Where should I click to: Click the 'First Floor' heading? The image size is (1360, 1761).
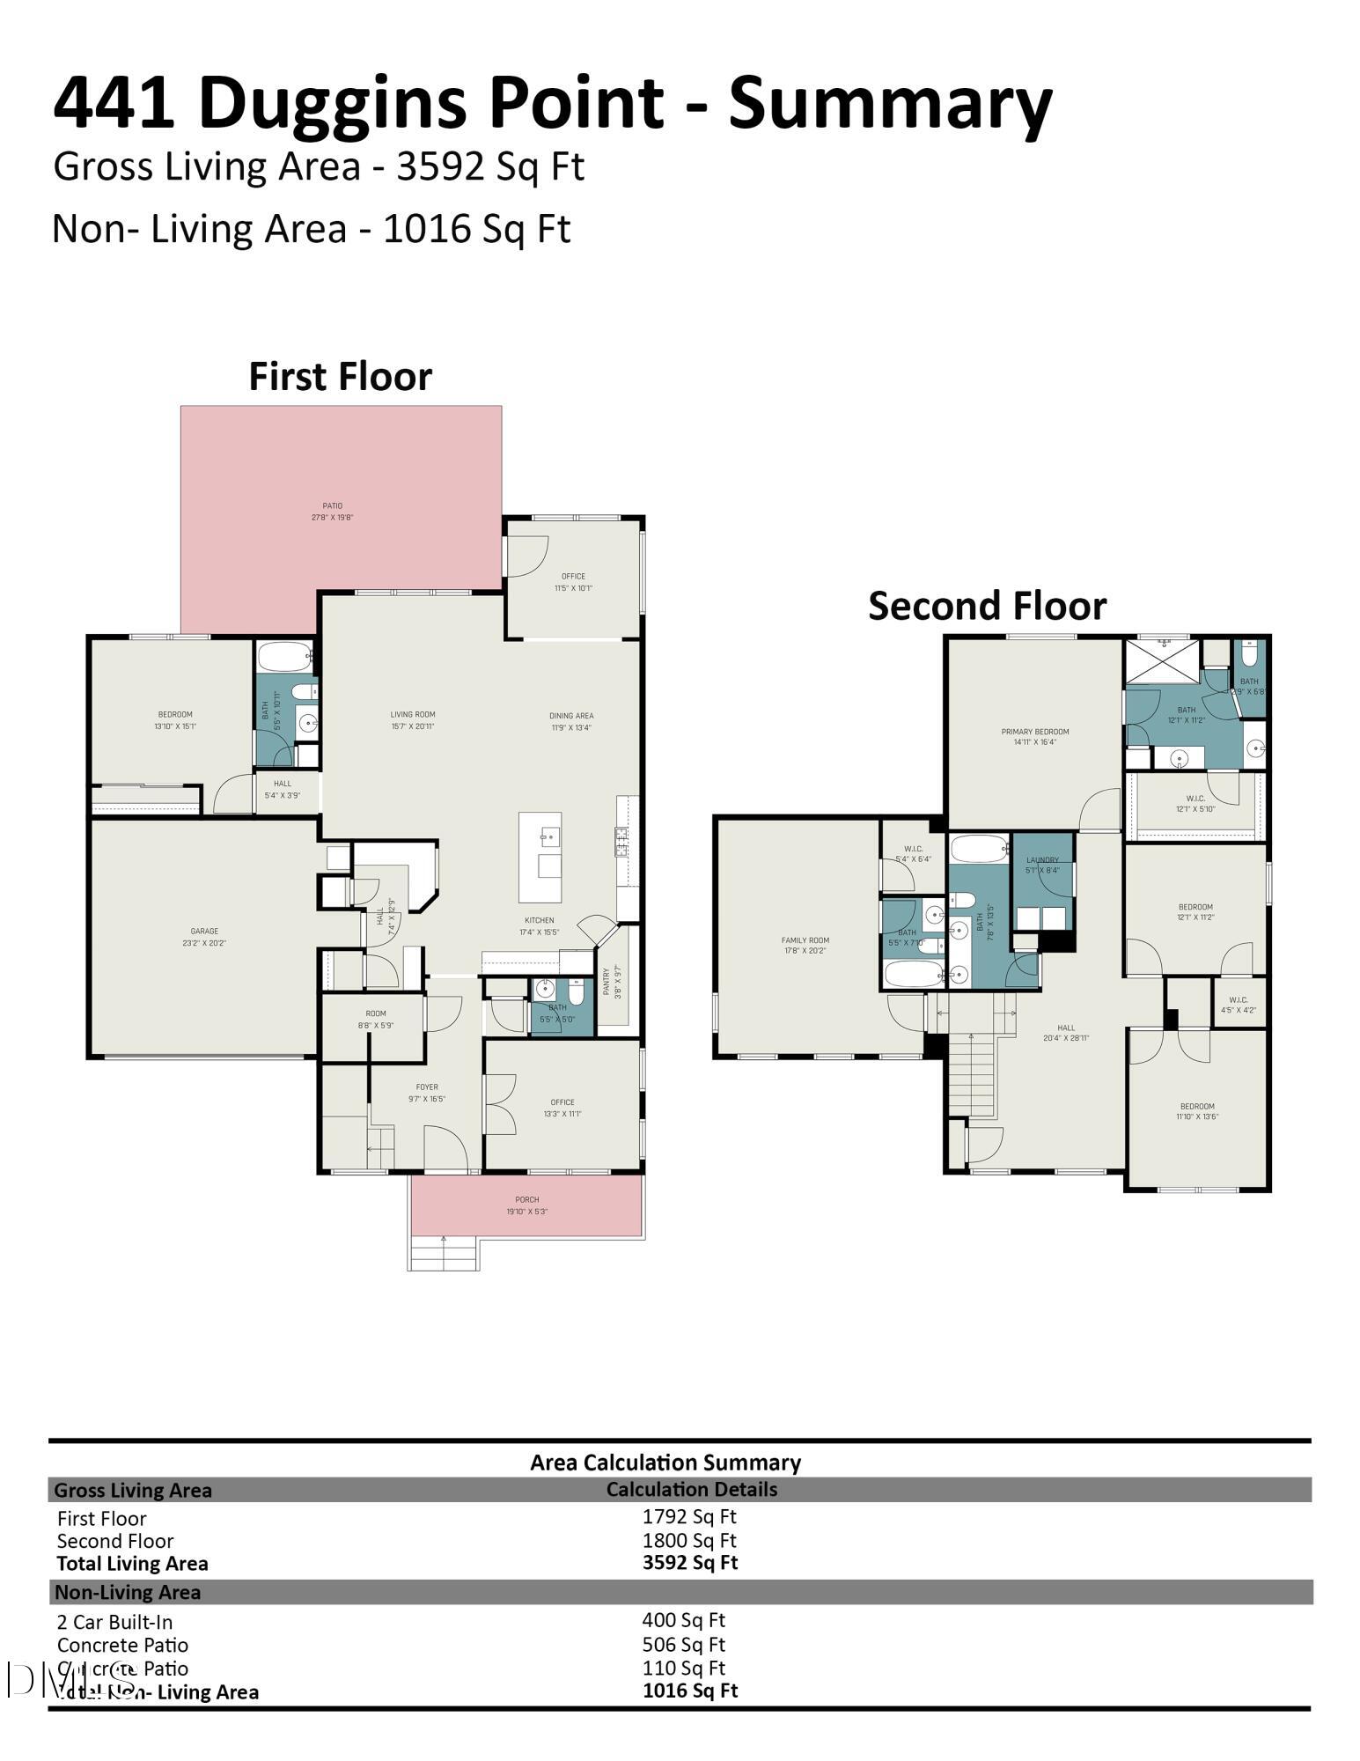340,377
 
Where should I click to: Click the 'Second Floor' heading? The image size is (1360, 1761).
987,607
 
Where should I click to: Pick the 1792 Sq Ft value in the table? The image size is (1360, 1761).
688,1516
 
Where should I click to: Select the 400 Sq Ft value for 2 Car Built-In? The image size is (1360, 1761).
683,1620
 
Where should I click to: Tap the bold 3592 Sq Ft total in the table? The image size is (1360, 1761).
690,1563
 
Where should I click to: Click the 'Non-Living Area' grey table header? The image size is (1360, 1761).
128,1592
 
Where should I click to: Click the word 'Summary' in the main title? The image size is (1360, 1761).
889,103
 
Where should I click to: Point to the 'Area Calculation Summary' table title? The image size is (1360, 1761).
665,1463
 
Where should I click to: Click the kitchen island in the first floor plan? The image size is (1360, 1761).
540,857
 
